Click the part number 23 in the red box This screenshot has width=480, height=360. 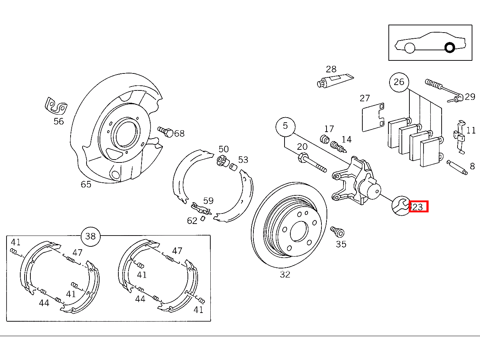[418, 207]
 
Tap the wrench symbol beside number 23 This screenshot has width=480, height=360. [400, 206]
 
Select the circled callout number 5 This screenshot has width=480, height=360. [285, 126]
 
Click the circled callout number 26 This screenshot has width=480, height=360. [399, 82]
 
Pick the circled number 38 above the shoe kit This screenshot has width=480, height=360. [90, 236]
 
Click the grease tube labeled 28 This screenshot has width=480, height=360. [334, 80]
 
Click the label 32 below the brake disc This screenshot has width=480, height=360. [285, 275]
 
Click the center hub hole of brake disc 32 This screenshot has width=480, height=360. [299, 231]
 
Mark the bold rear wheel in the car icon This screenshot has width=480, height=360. [450, 48]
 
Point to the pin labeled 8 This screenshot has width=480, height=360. [457, 168]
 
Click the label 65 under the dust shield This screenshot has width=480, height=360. [86, 185]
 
